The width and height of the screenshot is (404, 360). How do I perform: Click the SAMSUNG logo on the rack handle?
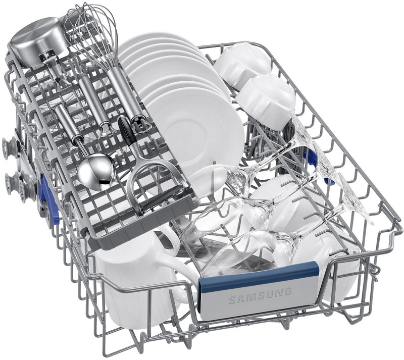[260, 295]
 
